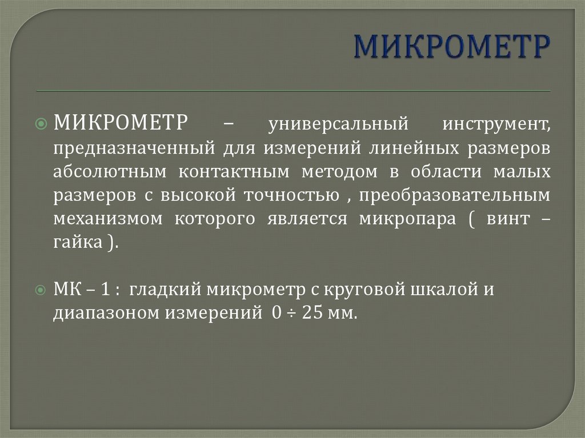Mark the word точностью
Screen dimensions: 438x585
point(291,196)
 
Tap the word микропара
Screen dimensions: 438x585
point(407,219)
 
